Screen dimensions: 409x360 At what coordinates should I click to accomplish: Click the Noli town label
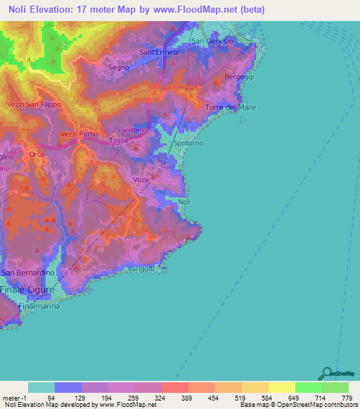point(184,202)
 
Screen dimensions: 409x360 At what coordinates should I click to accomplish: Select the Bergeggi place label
point(237,76)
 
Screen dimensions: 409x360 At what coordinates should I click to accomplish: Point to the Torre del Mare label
point(231,107)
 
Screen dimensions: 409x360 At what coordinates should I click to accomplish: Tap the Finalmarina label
point(39,306)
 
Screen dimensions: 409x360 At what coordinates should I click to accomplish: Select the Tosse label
point(119,141)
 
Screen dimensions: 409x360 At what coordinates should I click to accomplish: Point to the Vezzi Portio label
point(79,134)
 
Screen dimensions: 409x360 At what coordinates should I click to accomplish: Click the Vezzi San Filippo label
point(34,104)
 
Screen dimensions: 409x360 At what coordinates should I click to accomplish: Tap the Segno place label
point(119,67)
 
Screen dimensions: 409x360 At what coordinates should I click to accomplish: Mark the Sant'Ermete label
point(160,52)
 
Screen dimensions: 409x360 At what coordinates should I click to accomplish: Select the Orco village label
point(37,154)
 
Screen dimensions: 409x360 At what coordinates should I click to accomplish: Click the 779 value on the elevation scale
point(345,398)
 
